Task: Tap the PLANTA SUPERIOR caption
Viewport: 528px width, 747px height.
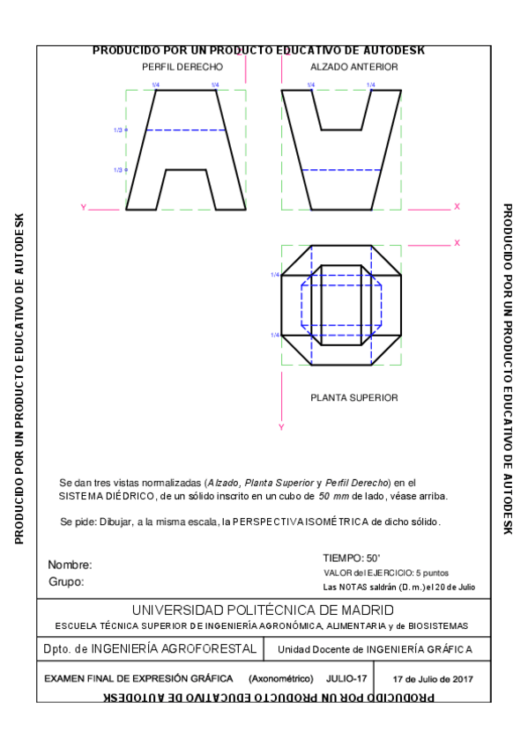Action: [x=353, y=397]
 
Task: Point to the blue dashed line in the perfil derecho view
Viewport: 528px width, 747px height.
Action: [x=185, y=130]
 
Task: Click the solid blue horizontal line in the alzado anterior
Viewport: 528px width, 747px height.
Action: [x=341, y=169]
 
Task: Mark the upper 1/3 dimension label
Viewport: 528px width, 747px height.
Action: [x=118, y=130]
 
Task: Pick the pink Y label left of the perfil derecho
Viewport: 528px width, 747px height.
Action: [x=83, y=208]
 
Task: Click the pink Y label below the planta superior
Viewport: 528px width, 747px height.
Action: [x=280, y=427]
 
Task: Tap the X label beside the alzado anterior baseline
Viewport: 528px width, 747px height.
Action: [x=457, y=206]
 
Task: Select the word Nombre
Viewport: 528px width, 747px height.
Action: [x=70, y=565]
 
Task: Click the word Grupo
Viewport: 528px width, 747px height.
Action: [x=67, y=581]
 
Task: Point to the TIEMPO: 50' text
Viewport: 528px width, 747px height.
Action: [x=351, y=558]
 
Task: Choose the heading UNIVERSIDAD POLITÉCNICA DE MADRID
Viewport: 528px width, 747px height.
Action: [x=263, y=610]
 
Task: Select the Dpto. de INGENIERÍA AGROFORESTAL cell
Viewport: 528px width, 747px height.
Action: [x=150, y=649]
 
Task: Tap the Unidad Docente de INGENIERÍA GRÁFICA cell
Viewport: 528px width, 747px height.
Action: [x=375, y=650]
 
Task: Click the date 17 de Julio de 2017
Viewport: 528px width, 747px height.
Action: [x=433, y=679]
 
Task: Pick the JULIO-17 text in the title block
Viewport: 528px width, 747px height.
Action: [x=346, y=679]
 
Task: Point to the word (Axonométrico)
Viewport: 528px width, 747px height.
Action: [x=280, y=679]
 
